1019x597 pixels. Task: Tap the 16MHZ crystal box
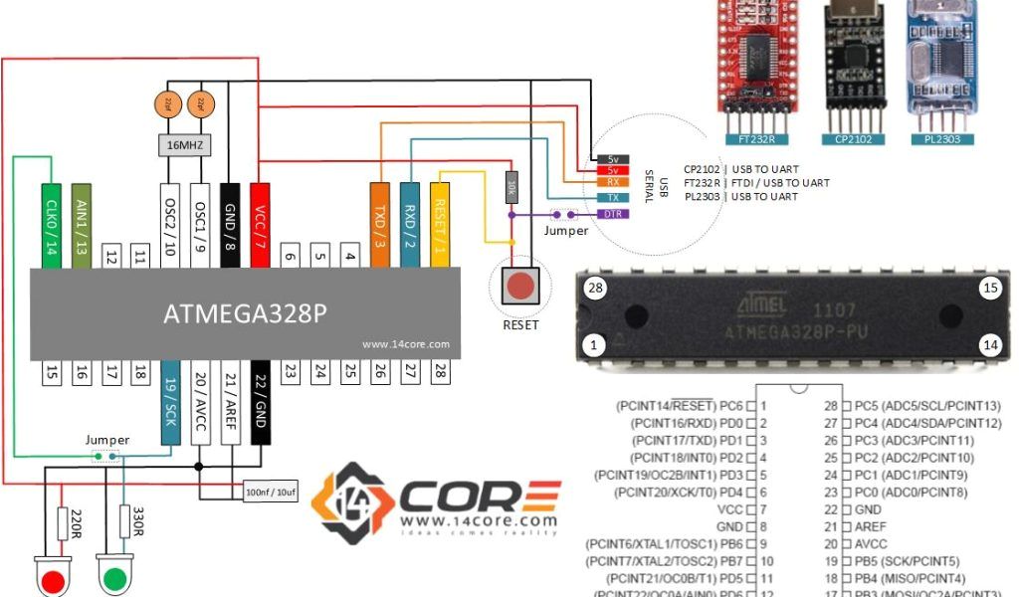coord(185,144)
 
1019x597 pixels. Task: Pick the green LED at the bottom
coord(114,578)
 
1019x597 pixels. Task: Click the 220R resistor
coord(63,523)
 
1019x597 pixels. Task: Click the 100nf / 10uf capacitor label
coord(270,492)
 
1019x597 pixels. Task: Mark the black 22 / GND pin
coord(261,395)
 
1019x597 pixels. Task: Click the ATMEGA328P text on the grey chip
coord(245,314)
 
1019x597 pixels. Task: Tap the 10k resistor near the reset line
coord(511,186)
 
